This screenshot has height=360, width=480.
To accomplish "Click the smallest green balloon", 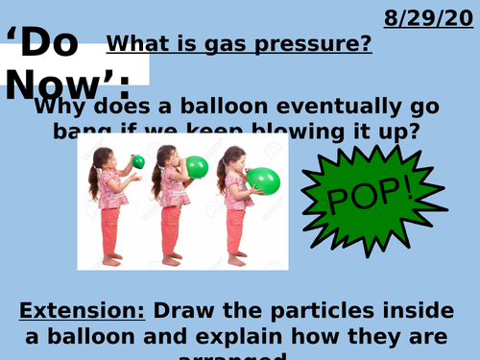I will [138, 161].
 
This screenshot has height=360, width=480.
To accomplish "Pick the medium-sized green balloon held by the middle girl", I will [196, 167].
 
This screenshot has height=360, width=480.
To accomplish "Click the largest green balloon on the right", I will [263, 179].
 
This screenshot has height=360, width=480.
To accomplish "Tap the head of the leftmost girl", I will [103, 156].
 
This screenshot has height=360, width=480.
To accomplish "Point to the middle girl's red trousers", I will [171, 230].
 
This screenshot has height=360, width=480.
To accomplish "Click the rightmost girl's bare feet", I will [236, 259].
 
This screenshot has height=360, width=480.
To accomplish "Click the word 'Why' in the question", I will [59, 107].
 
